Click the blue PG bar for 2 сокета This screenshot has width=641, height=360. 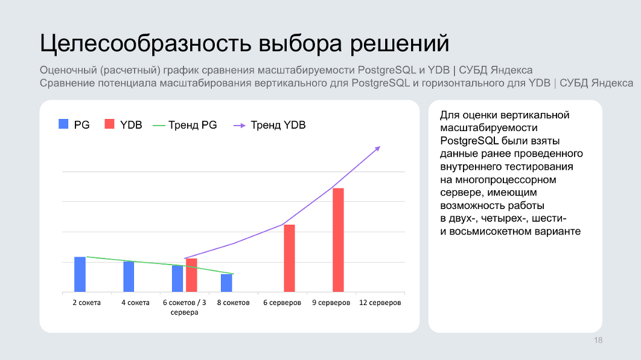(x=80, y=274)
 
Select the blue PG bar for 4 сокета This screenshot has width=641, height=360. (x=129, y=277)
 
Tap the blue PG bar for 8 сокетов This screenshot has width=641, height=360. (x=226, y=283)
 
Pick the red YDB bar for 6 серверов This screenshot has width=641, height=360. (x=290, y=259)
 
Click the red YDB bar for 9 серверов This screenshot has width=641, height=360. (x=338, y=240)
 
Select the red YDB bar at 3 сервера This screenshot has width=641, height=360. (x=191, y=275)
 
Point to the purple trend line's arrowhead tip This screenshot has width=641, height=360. (x=381, y=146)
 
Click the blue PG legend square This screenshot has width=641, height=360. (x=63, y=124)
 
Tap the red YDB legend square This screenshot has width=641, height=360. (x=110, y=124)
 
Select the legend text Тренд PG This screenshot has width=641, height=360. (x=193, y=125)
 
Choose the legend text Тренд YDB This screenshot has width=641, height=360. (x=278, y=125)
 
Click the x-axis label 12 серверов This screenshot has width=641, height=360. (x=380, y=303)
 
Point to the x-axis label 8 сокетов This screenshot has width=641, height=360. (x=234, y=303)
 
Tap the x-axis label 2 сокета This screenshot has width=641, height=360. (x=87, y=303)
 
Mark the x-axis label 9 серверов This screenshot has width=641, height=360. (x=331, y=303)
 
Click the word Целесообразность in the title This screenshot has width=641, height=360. (x=145, y=43)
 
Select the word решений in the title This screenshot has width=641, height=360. (x=400, y=43)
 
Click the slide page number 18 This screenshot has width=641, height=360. (x=598, y=340)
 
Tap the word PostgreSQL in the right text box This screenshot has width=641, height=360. (x=470, y=141)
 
